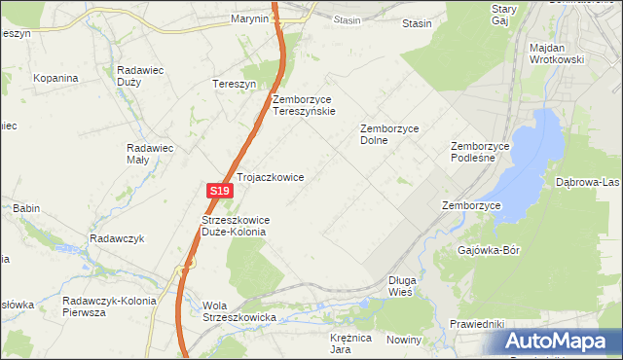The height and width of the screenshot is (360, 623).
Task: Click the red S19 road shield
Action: tap(219, 194)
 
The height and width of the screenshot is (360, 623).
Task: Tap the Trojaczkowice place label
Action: tap(271, 178)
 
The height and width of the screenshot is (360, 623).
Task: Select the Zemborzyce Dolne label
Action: tap(387, 133)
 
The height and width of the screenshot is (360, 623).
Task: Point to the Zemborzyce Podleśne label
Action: tap(480, 153)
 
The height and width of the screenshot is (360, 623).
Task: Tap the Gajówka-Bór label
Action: tap(489, 250)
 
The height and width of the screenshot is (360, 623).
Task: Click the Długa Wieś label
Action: tap(400, 285)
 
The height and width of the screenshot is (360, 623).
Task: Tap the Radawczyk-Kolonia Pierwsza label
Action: tap(109, 306)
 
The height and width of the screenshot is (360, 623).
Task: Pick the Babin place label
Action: tap(26, 208)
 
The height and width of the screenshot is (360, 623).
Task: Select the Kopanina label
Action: tap(55, 78)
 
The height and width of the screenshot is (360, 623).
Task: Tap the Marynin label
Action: tap(249, 18)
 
